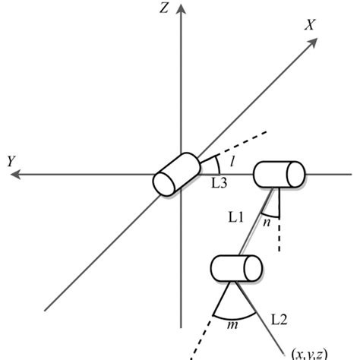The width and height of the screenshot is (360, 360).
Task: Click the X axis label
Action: [311, 24]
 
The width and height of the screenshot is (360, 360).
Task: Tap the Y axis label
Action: [11, 161]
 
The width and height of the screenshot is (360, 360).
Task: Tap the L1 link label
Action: [236, 219]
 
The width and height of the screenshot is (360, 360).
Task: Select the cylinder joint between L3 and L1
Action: [278, 174]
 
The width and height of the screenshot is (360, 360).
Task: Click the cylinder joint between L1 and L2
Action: [236, 269]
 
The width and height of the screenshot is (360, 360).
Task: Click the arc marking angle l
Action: [219, 166]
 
